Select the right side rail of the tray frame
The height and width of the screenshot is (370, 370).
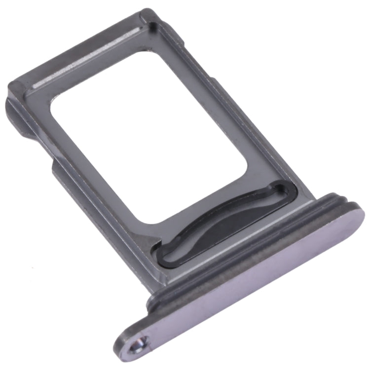tap(247, 123)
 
